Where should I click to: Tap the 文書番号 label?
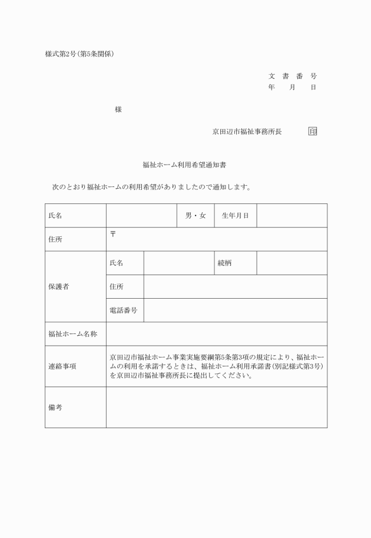click(293, 76)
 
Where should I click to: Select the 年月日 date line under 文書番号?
click(293, 87)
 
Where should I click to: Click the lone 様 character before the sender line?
click(118, 109)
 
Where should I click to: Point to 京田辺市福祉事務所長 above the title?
click(247, 132)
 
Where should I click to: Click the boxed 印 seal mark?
click(312, 132)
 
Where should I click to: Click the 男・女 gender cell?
click(196, 216)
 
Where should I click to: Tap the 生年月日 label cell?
click(235, 216)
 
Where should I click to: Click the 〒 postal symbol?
click(113, 234)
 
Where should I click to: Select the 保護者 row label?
click(59, 286)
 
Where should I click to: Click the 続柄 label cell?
click(224, 263)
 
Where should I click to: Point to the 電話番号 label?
click(124, 310)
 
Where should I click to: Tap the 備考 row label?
click(55, 407)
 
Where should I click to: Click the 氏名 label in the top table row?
click(55, 216)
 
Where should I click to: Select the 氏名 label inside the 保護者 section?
click(117, 263)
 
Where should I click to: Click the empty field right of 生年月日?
click(291, 216)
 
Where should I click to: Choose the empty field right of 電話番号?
click(235, 310)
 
